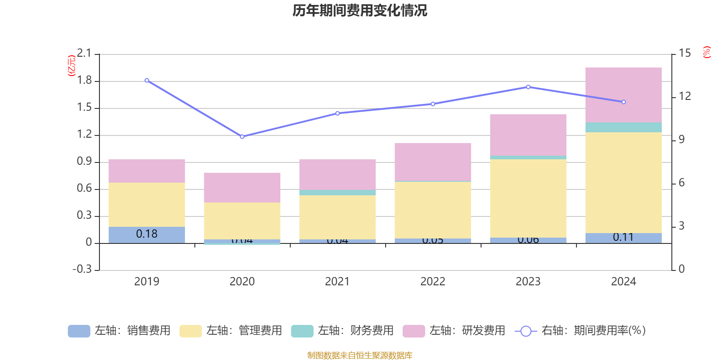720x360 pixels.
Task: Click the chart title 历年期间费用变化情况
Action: click(360, 10)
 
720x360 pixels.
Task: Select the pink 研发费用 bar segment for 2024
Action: click(623, 95)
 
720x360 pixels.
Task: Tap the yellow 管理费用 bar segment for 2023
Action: click(528, 198)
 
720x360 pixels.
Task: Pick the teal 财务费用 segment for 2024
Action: click(623, 127)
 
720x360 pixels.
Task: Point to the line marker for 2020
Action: click(242, 136)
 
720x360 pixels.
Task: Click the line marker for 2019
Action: click(147, 81)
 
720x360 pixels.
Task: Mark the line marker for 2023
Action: click(528, 87)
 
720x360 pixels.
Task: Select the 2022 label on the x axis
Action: click(432, 282)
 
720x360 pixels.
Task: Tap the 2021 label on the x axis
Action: click(337, 282)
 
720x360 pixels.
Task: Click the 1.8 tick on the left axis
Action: click(84, 81)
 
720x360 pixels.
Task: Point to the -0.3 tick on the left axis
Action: click(82, 269)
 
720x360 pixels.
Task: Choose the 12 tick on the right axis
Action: click(684, 96)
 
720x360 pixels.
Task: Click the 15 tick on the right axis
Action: click(684, 54)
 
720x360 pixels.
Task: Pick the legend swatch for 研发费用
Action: click(414, 331)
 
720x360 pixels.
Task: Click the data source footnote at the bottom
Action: click(360, 355)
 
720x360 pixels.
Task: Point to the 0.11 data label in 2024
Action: click(623, 237)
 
